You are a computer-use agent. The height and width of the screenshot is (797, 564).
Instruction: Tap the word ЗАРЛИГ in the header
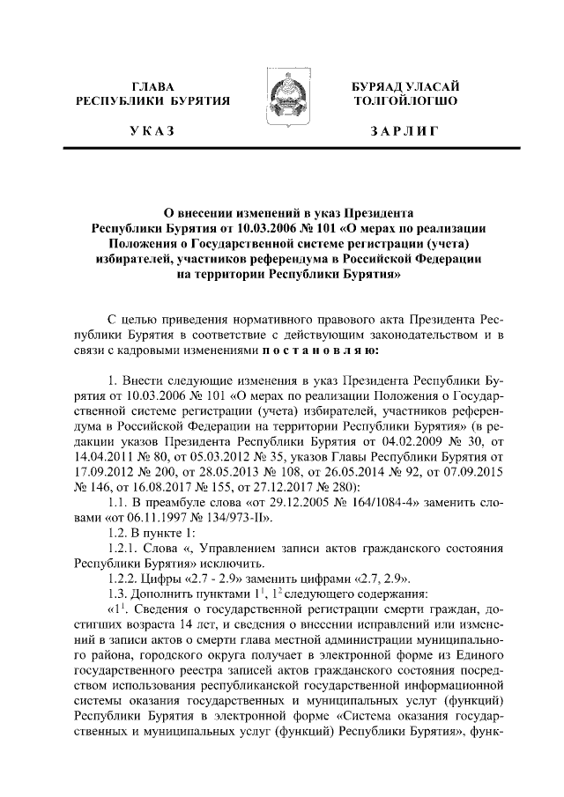pos(404,131)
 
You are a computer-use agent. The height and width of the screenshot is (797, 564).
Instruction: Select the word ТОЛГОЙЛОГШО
pos(404,101)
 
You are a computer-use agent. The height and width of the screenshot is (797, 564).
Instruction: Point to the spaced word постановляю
pos(323,349)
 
